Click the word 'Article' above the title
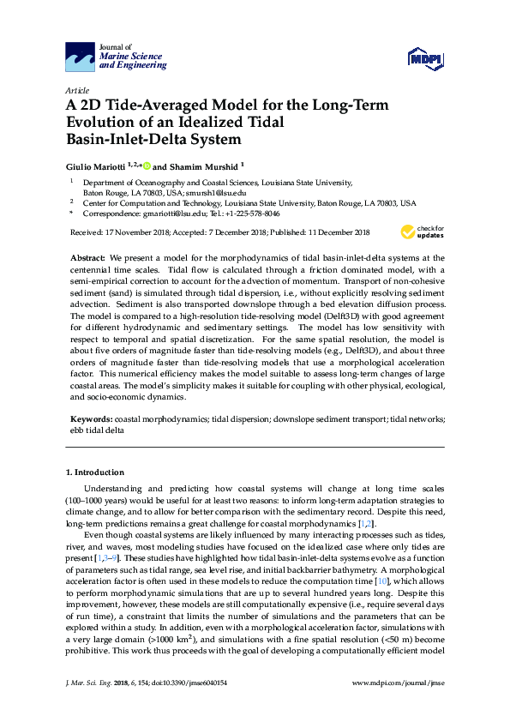pos(76,90)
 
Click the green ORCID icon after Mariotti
pos(147,166)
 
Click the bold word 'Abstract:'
pos(87,258)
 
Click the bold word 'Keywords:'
pos(90,418)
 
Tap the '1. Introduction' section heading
pos(94,472)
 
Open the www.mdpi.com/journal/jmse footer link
pos(399,706)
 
